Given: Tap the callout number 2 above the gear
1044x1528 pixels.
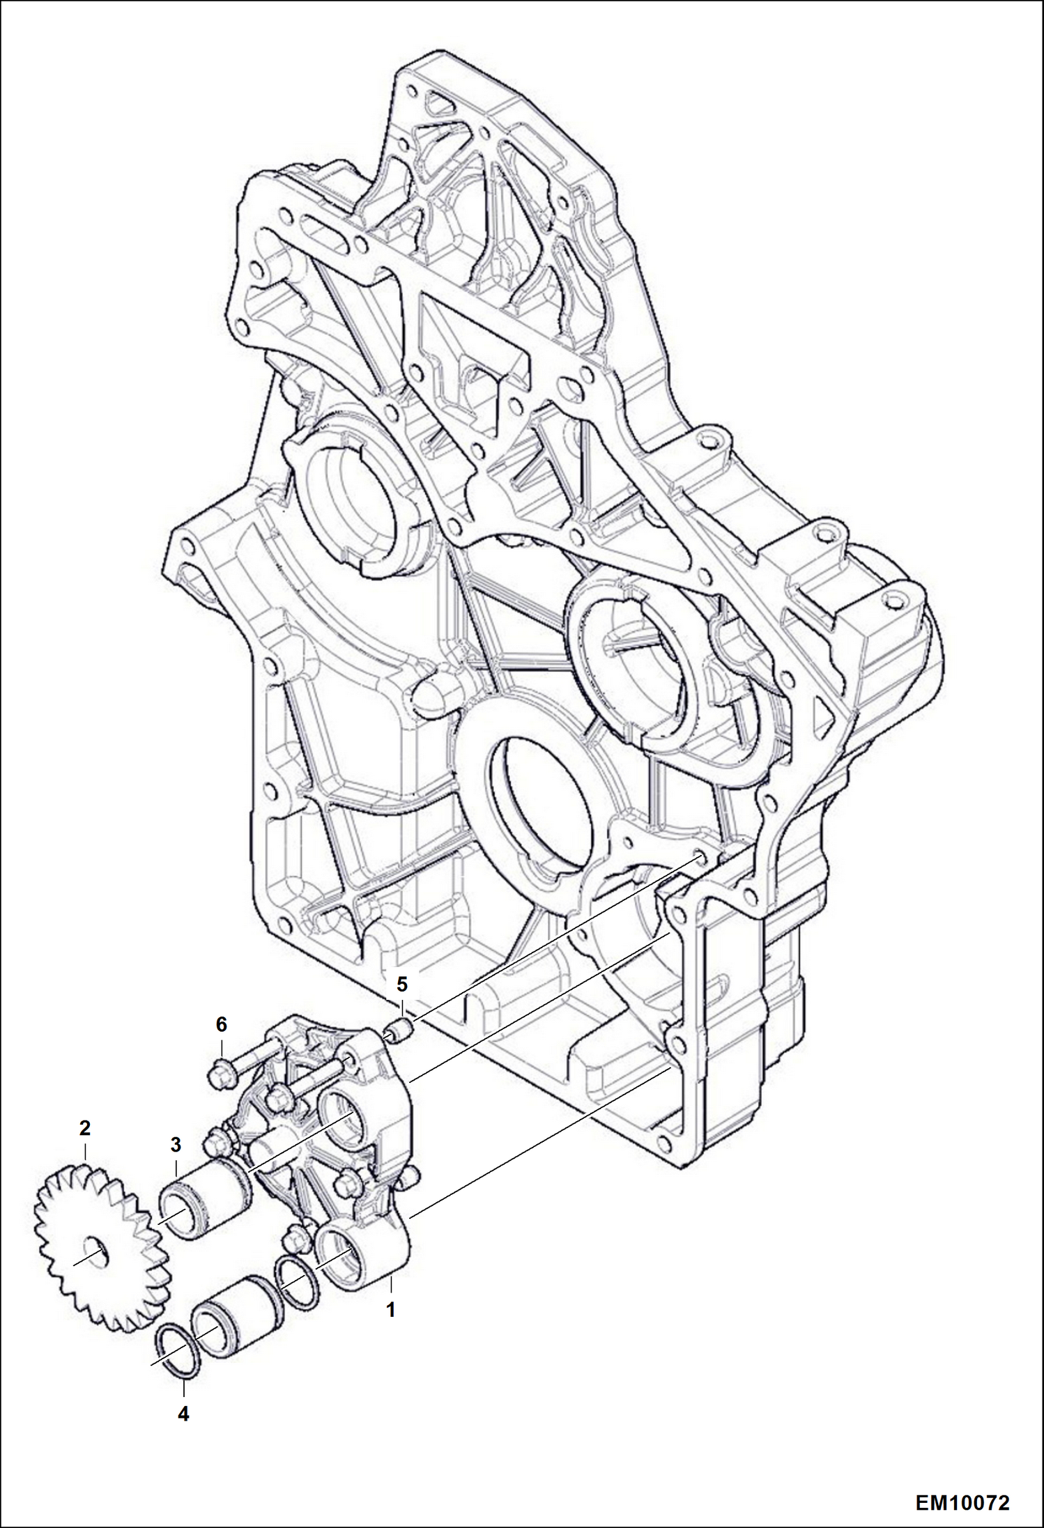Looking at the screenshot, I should coord(84,1128).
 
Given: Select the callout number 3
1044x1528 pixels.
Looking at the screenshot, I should coord(175,1144).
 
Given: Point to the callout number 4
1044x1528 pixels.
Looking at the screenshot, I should coord(183,1434).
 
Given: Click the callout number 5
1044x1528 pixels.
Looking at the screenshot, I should coord(401,985).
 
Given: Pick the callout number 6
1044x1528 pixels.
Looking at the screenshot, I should coord(221,1024).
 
